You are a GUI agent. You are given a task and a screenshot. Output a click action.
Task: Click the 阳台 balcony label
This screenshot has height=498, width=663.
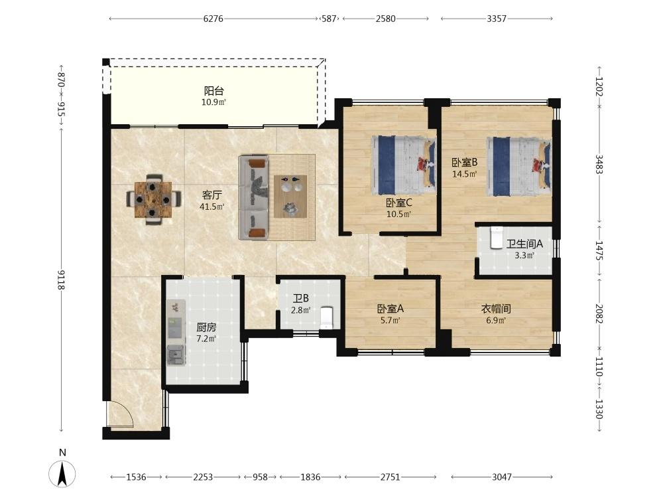pos(213,90)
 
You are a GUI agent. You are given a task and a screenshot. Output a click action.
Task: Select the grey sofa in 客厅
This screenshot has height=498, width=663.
pos(254,197)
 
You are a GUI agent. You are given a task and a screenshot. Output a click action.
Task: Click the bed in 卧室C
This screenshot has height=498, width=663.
pos(404,165)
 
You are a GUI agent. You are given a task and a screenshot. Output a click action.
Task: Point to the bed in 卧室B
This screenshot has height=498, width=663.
pos(519,166)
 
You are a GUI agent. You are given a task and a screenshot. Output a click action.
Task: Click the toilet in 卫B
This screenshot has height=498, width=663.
pos(328,317)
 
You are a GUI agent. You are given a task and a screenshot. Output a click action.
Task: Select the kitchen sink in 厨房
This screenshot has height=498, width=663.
pos(176,355)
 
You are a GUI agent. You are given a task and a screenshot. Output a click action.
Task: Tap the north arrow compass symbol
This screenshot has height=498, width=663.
pos(62,473)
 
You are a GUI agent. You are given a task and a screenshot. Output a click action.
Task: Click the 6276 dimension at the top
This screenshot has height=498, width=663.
pos(213,19)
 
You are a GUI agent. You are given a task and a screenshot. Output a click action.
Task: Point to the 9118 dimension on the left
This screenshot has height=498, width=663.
pos(61,280)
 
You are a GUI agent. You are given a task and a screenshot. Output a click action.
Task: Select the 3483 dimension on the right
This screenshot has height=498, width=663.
pos(599,164)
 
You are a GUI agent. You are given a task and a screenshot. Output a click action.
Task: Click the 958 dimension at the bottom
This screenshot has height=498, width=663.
pos(260,477)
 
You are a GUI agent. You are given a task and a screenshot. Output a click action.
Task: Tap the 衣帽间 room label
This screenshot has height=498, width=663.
pos(496,309)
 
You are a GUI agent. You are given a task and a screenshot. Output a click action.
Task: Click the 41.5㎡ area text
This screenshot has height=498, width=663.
pos(212,207)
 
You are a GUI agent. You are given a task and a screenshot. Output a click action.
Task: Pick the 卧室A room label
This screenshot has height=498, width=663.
pos(391,309)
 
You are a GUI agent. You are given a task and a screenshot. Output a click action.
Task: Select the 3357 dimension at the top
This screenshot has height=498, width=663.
pos(497,19)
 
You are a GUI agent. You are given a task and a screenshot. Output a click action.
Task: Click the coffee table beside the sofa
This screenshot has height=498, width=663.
pos(290,196)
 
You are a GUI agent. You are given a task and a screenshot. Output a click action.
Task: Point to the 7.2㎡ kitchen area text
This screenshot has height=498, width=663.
pos(206,339)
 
